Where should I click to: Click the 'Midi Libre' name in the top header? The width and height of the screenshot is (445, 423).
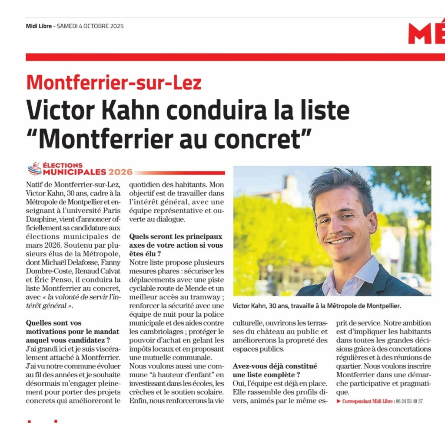(x=39, y=26)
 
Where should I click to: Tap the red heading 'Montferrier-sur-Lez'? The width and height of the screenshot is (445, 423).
(x=114, y=82)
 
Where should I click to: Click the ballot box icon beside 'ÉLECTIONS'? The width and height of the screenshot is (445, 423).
(x=34, y=168)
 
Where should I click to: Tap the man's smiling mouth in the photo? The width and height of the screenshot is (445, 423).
(x=340, y=240)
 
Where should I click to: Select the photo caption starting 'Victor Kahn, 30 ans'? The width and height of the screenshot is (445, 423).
(x=317, y=306)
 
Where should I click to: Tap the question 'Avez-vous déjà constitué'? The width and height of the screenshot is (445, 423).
(x=275, y=366)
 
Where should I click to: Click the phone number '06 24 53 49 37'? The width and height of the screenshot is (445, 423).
(x=409, y=401)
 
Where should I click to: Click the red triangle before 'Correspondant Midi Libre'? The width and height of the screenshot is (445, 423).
(x=339, y=401)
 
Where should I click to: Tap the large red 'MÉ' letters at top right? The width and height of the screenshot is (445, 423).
(x=426, y=33)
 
